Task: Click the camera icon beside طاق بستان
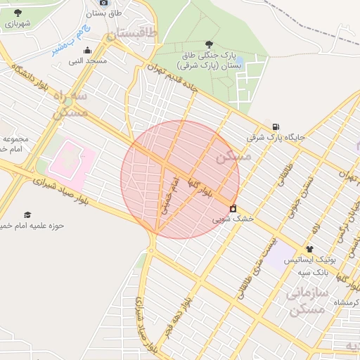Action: tap(105, 3)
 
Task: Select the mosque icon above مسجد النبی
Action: tap(87, 50)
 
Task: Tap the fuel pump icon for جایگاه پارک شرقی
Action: tap(275, 126)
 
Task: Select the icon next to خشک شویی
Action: tap(233, 208)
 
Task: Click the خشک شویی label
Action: tap(233, 219)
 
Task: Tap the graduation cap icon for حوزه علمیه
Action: tap(28, 214)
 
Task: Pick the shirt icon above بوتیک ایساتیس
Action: tap(309, 249)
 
